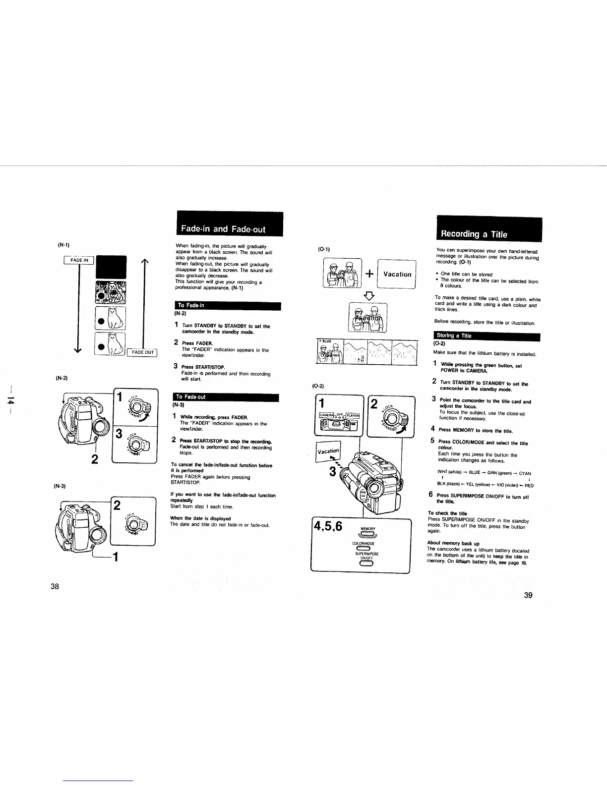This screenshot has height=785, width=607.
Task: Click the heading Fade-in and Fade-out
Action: pyautogui.click(x=230, y=228)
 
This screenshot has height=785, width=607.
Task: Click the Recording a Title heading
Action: pyautogui.click(x=471, y=234)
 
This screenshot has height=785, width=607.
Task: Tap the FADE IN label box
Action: pyautogui.click(x=79, y=260)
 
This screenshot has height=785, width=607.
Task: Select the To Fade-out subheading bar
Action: pyautogui.click(x=225, y=397)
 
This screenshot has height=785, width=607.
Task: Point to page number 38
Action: pyautogui.click(x=55, y=586)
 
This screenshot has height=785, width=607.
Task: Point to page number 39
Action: pyautogui.click(x=528, y=595)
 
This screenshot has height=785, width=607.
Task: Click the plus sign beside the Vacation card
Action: pyautogui.click(x=369, y=274)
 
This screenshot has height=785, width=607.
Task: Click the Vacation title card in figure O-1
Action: pyautogui.click(x=397, y=274)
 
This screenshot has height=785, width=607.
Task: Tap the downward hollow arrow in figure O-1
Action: pyautogui.click(x=369, y=296)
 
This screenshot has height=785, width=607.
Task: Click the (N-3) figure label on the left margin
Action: pyautogui.click(x=60, y=486)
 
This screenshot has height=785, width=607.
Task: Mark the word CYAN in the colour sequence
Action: pyautogui.click(x=525, y=473)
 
